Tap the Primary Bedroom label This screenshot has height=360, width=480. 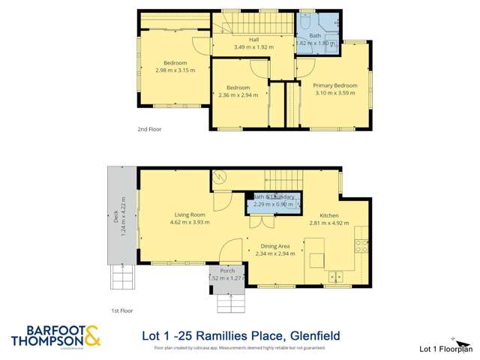tap(335, 85)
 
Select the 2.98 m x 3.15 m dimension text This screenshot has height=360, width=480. tap(175, 70)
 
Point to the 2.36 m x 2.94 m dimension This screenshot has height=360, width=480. tap(238, 95)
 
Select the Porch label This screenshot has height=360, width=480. tap(227, 271)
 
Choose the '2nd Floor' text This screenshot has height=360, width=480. tap(149, 129)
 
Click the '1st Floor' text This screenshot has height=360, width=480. tap(121, 310)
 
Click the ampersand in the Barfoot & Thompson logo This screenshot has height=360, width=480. tap(93, 335)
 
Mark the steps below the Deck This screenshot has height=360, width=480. tap(121, 277)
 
